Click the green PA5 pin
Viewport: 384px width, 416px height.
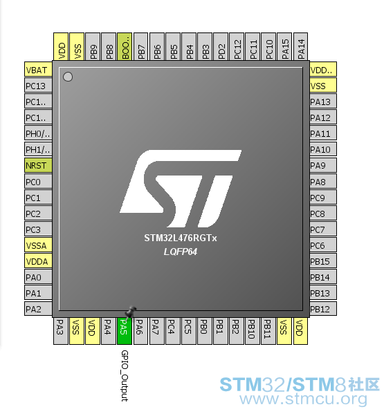click(x=125, y=331)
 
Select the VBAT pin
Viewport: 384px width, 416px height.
click(x=38, y=70)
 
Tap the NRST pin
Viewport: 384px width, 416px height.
click(x=38, y=165)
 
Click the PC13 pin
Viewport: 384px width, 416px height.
click(x=38, y=86)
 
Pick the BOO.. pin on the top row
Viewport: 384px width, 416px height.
click(x=125, y=47)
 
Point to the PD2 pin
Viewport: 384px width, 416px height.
click(x=221, y=47)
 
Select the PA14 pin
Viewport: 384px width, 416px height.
click(x=300, y=47)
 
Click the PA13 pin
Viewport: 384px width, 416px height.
click(x=323, y=102)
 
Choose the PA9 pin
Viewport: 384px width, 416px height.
click(x=323, y=165)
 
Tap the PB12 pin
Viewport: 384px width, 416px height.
click(x=323, y=309)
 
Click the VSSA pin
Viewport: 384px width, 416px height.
click(x=38, y=245)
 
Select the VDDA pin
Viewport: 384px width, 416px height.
click(x=38, y=261)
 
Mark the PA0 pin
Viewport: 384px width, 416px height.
click(x=38, y=277)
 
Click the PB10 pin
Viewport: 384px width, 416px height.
click(x=253, y=331)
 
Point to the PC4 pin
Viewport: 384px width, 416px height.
click(x=172, y=331)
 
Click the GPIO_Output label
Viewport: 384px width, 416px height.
click(x=125, y=376)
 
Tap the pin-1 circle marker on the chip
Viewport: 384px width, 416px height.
click(x=68, y=77)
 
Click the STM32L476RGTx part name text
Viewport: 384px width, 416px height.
click(x=181, y=238)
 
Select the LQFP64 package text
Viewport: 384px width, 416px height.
click(x=181, y=252)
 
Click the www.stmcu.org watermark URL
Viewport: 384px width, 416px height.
click(x=303, y=399)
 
